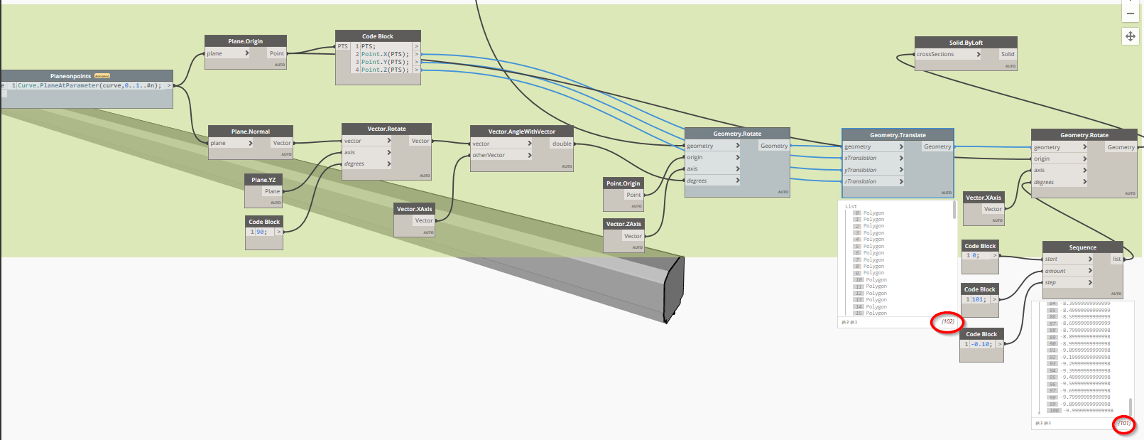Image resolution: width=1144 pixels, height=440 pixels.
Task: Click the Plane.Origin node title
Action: tap(245, 41)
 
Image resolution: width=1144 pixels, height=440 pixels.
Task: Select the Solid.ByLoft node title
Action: tap(966, 43)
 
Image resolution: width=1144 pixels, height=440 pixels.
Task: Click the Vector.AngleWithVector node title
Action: tap(521, 132)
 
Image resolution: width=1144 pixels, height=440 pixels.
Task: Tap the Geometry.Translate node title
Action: tap(898, 135)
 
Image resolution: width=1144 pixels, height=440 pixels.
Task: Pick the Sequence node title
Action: tap(1082, 247)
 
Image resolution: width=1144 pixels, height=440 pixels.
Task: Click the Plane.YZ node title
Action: tap(263, 180)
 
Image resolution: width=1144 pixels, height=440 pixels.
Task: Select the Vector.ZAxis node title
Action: tap(623, 224)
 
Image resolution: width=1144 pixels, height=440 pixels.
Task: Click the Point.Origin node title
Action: tap(623, 183)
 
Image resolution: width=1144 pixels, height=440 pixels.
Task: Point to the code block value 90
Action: tap(261, 232)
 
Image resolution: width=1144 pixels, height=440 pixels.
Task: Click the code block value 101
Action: tap(978, 299)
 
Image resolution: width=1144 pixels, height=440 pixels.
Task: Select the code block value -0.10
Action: tap(981, 344)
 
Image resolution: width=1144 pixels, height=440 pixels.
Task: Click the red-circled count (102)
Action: tap(948, 321)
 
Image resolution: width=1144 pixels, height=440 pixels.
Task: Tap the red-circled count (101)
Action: tap(1123, 423)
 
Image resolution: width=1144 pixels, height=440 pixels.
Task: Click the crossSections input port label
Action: tap(935, 54)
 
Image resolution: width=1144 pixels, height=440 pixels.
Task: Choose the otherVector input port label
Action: tap(489, 155)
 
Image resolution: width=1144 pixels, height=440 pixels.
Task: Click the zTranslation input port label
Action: tap(861, 181)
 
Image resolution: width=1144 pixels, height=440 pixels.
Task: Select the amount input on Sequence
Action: tap(1055, 271)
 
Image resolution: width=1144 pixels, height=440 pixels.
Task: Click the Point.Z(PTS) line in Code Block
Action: tap(385, 70)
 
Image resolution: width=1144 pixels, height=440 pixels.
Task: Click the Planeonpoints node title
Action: tap(71, 76)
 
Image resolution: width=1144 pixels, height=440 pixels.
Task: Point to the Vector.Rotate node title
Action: tap(386, 129)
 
